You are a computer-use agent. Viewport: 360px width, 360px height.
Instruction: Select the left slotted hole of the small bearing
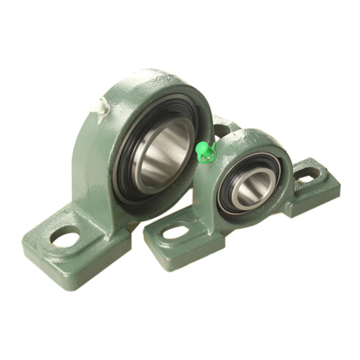(175, 232)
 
